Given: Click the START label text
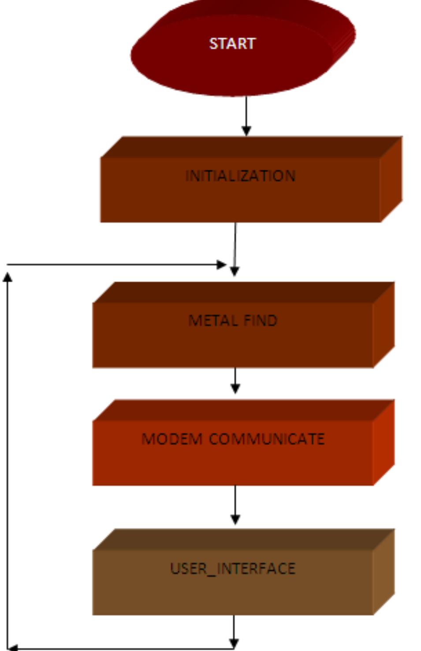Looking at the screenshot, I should [232, 44].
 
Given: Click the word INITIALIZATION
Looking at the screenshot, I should [240, 176].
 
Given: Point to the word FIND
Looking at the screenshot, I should [261, 320].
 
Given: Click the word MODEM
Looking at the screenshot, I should [171, 439].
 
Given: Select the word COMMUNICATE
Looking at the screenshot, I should [267, 439].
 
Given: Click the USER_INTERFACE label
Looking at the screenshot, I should [233, 569].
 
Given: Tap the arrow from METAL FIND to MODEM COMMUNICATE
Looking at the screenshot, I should [235, 380].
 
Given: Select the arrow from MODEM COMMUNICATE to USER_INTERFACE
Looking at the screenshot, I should [235, 505].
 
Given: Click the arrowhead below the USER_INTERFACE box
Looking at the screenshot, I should [234, 643].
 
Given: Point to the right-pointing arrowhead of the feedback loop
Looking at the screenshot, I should [221, 265].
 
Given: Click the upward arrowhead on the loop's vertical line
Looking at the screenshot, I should [7, 277].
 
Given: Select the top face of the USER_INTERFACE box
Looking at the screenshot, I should [242, 539].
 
